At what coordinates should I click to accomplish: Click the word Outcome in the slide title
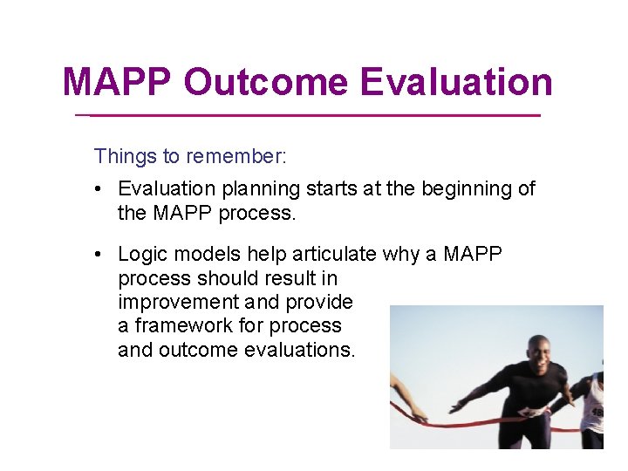point(267,83)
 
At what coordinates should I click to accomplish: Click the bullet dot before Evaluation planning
point(102,189)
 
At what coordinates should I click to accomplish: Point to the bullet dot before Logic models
point(102,255)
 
